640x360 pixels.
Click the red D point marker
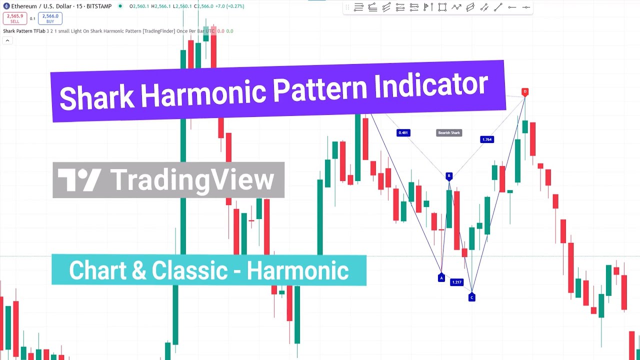click(524, 92)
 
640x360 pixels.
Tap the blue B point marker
click(449, 176)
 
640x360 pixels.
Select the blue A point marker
click(441, 278)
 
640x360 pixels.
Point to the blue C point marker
click(471, 297)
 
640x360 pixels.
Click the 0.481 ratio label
click(403, 132)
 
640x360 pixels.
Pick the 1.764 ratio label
click(486, 139)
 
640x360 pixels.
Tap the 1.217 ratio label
click(456, 282)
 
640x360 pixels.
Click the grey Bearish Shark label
click(448, 132)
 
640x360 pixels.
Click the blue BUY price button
click(50, 18)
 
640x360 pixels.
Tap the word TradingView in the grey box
click(192, 180)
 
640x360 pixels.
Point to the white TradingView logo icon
click(79, 180)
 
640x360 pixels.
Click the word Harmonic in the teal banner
click(297, 271)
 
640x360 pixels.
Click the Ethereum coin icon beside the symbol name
click(6, 6)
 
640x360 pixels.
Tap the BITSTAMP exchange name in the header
click(99, 6)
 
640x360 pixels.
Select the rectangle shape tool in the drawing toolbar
click(442, 7)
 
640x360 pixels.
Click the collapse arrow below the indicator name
click(7, 40)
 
